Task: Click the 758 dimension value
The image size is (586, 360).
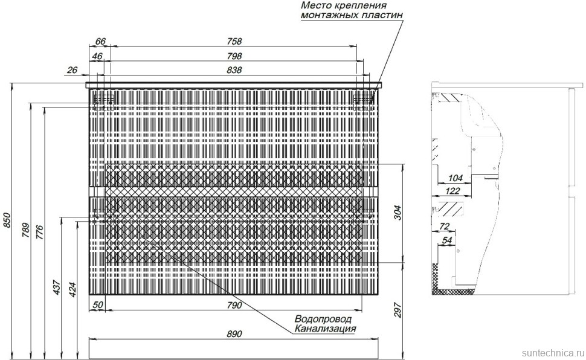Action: (x=234, y=41)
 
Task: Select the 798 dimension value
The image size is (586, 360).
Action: (x=234, y=56)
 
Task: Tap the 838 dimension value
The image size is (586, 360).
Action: (x=234, y=70)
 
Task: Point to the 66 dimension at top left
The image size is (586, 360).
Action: (x=100, y=41)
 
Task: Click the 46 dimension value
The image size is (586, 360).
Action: (x=97, y=56)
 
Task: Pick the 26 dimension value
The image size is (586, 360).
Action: (x=72, y=70)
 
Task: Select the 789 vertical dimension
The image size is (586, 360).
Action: (x=25, y=231)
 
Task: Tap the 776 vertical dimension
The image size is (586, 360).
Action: (x=40, y=233)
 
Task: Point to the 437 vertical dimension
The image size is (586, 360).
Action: (x=56, y=287)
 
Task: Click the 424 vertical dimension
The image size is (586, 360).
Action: (x=72, y=289)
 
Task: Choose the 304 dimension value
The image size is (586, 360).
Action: (x=398, y=213)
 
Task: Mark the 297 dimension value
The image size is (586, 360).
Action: (x=398, y=310)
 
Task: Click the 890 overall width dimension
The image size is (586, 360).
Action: (x=234, y=334)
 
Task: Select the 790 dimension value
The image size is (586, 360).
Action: (x=234, y=305)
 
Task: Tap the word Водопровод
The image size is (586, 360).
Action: (x=323, y=320)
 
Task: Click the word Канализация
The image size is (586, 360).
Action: (x=325, y=329)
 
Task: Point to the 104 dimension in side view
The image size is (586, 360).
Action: (x=455, y=178)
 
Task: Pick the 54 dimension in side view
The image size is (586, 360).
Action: (x=447, y=240)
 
